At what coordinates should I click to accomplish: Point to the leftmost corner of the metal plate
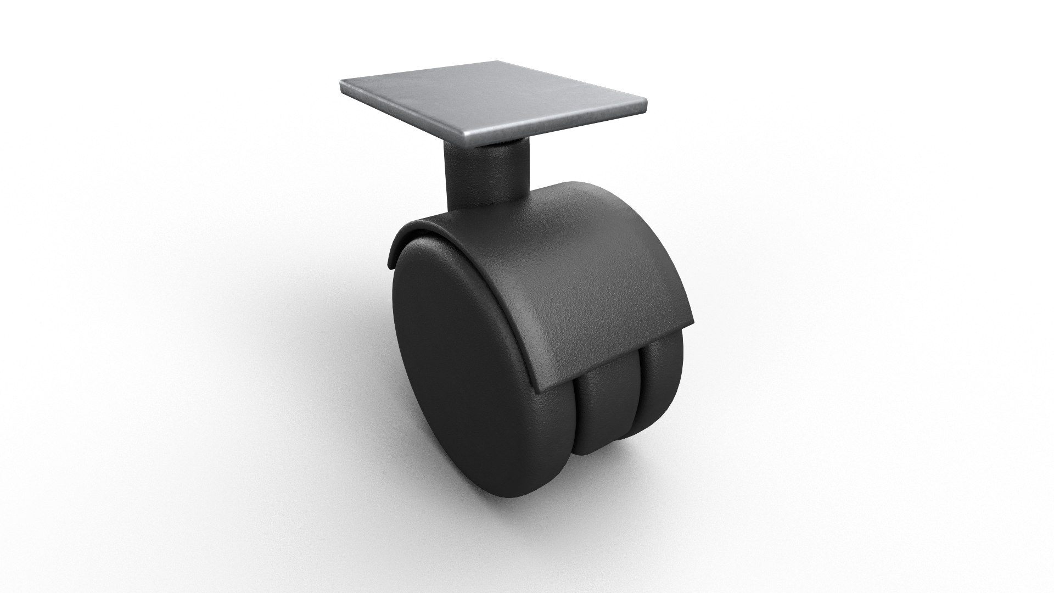point(338,83)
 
